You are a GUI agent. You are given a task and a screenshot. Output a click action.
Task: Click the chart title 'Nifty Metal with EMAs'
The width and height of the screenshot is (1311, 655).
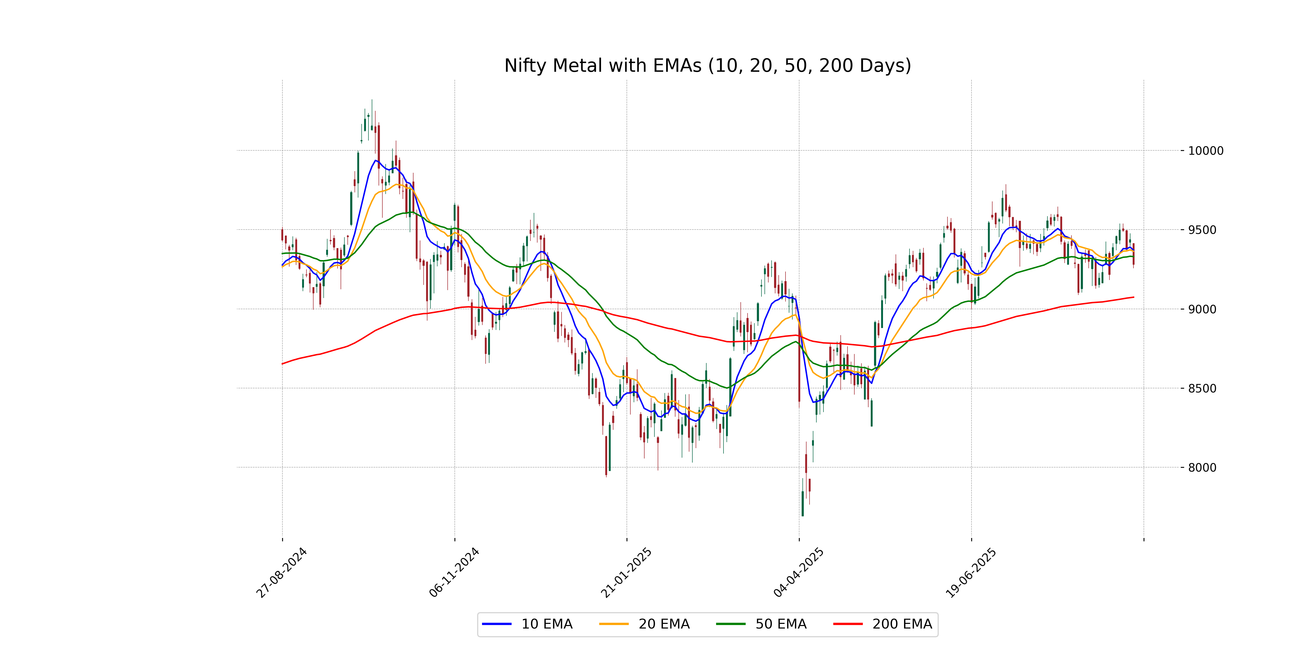coord(707,65)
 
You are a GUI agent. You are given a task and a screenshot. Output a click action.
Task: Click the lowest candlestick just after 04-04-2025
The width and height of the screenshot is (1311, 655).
coord(803,504)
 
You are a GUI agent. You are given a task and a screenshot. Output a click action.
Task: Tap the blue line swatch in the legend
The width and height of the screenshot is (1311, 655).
coord(497,624)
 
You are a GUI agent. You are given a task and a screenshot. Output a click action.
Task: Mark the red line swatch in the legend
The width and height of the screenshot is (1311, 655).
coord(848,624)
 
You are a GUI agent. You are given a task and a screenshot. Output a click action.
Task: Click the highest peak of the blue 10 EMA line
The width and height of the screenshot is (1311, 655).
coord(375,161)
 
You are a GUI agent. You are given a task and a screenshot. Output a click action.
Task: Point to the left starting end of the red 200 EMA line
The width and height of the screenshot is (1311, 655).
coord(282,364)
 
